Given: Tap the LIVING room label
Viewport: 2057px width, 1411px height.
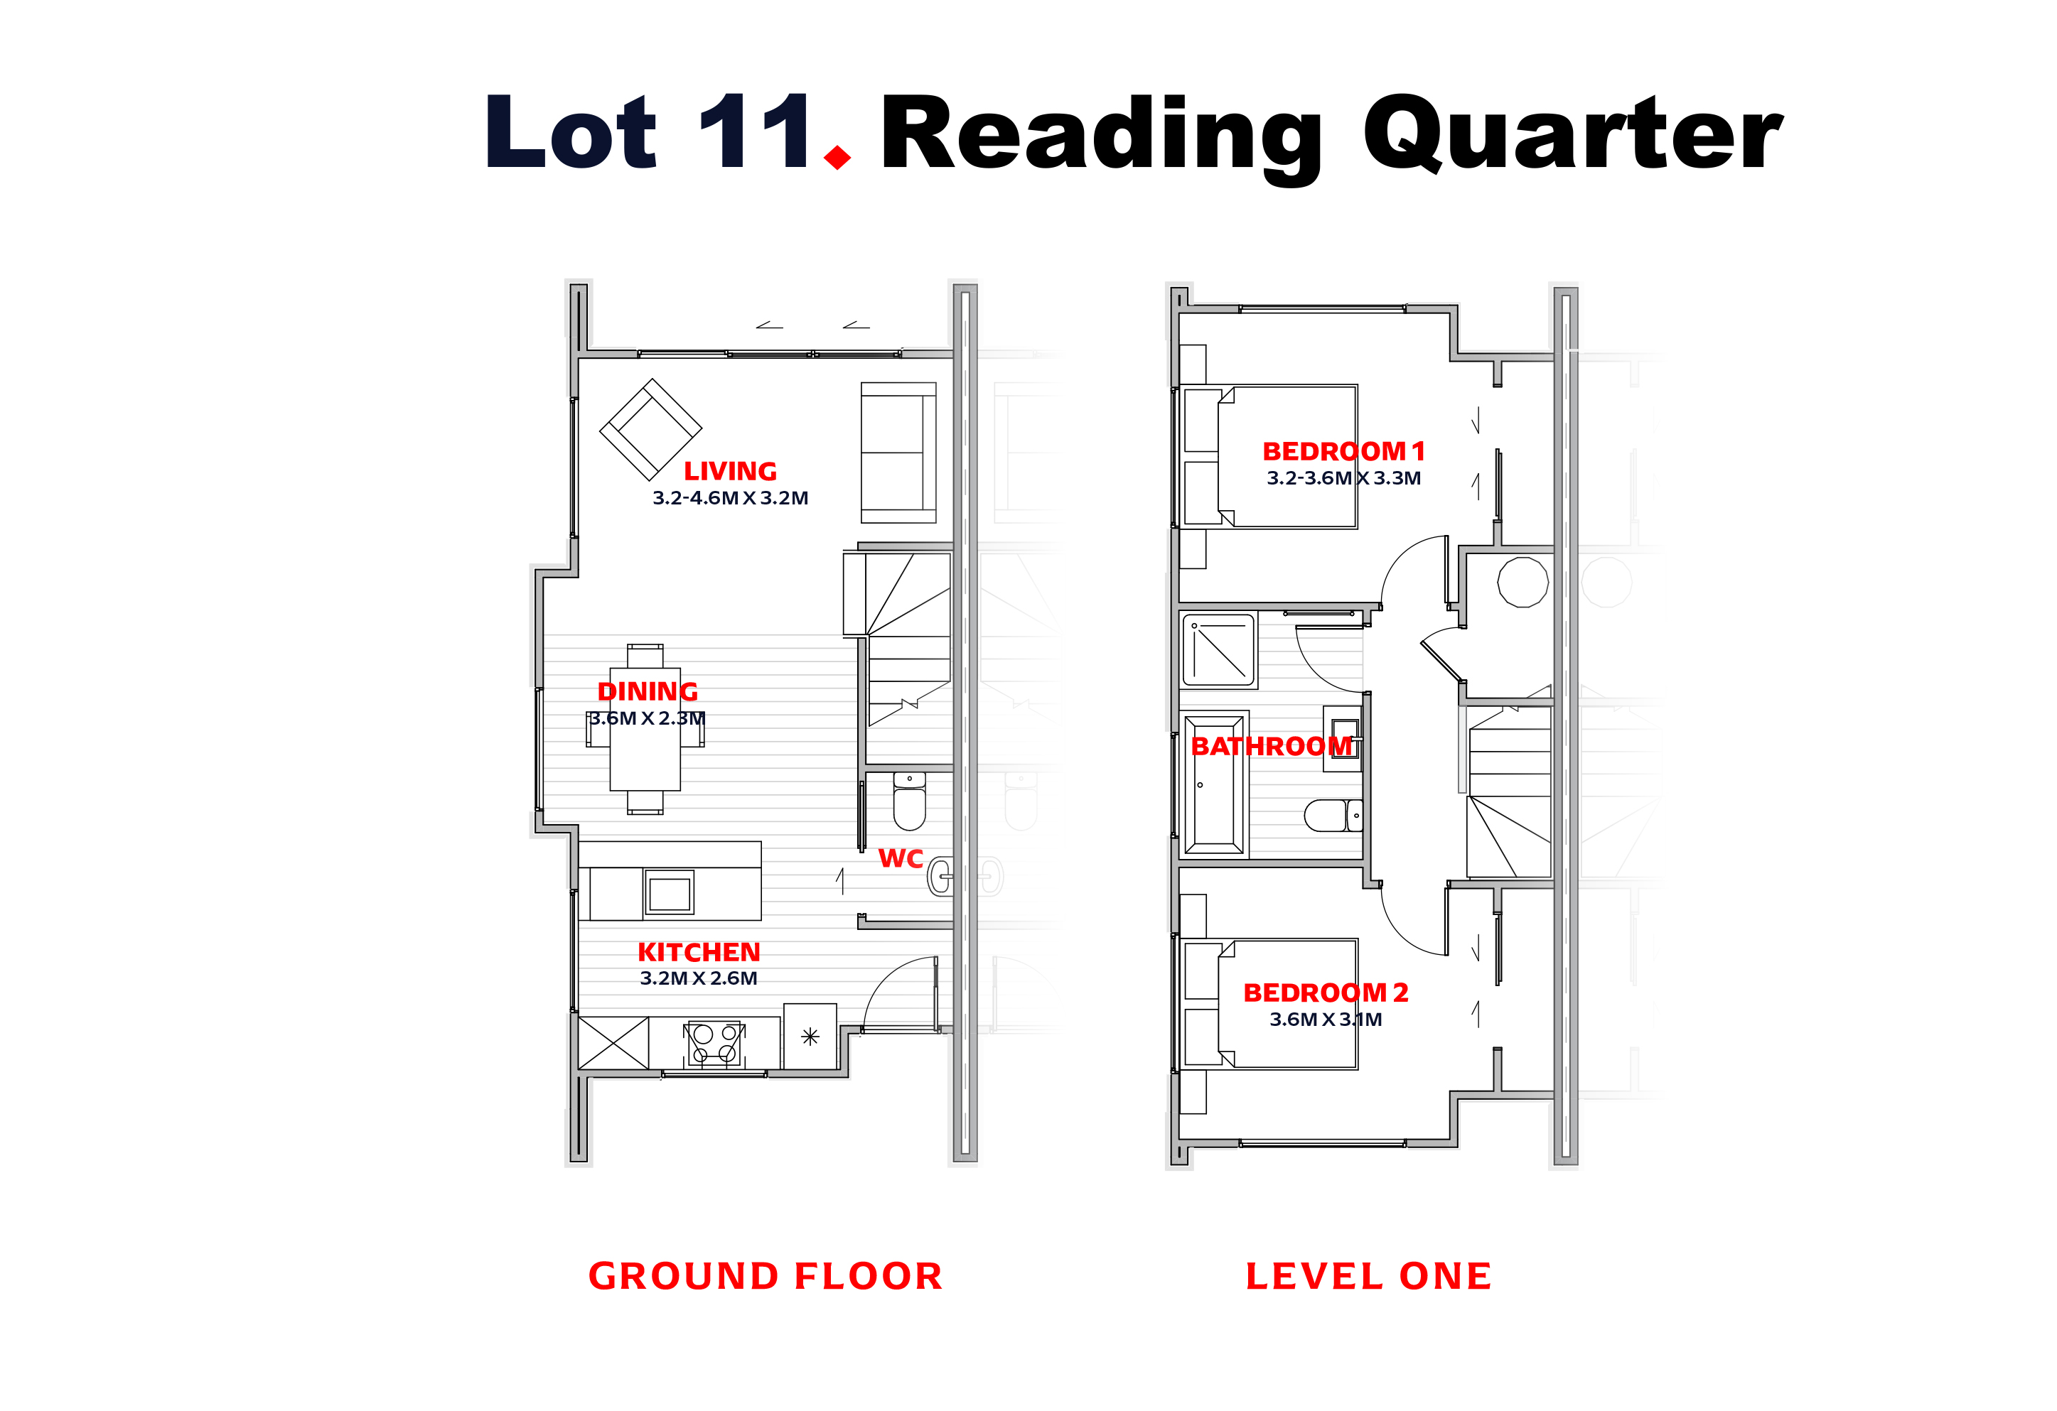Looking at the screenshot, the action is (x=730, y=472).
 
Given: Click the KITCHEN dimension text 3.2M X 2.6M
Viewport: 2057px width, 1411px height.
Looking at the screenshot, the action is (x=699, y=978).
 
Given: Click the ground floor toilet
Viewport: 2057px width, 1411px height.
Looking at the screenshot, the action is (x=909, y=801).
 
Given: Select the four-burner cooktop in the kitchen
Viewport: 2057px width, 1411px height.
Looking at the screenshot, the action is (x=714, y=1043).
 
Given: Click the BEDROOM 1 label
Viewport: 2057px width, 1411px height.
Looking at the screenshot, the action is (x=1343, y=451).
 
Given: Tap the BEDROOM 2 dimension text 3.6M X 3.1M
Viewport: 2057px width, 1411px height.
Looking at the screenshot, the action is (x=1325, y=1018).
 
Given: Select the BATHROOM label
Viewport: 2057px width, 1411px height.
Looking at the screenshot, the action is (x=1271, y=746).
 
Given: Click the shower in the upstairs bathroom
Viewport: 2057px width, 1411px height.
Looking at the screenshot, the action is (x=1219, y=650).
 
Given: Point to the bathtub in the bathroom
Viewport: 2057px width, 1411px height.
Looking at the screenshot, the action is (x=1213, y=784).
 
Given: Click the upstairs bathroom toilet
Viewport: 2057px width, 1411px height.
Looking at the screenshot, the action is (x=1333, y=815).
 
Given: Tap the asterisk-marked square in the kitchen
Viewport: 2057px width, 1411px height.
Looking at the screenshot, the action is (x=810, y=1036).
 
